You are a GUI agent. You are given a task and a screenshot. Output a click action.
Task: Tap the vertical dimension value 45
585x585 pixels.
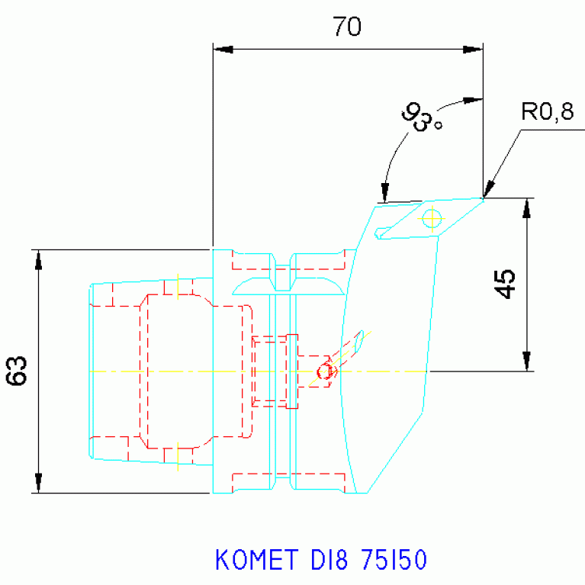tap(505, 284)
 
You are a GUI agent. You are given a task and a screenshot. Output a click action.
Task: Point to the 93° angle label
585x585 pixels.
tap(423, 118)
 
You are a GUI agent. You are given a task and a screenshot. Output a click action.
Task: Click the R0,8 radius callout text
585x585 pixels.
tap(547, 113)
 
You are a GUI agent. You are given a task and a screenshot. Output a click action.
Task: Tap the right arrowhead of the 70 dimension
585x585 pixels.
tap(473, 50)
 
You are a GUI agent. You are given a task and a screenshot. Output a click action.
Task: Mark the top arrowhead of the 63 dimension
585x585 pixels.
tap(38, 259)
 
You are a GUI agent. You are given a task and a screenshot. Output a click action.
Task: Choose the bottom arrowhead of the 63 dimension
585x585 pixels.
tap(38, 484)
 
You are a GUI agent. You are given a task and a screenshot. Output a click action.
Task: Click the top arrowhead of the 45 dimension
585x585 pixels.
tap(526, 208)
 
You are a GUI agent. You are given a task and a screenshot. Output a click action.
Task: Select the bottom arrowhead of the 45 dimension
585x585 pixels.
tap(526, 362)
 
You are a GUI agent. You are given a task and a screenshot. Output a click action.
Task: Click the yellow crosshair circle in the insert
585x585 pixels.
tap(432, 219)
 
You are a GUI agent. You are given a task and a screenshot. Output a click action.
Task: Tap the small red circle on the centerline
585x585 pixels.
tap(325, 372)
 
